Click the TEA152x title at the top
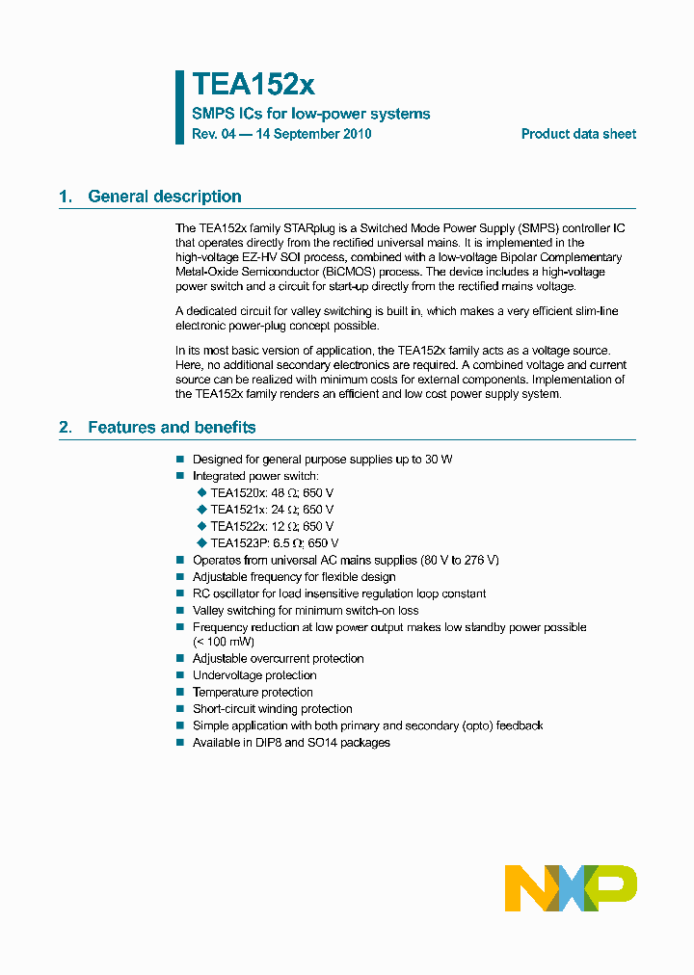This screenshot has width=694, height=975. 254,85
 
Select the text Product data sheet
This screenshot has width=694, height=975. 578,134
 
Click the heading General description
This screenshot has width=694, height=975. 164,197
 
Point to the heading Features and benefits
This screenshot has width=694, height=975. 172,427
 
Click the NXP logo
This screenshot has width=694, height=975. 571,887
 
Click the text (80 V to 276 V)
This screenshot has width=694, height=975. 460,560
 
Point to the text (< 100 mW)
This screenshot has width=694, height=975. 226,641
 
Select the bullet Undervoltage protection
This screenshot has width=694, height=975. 254,675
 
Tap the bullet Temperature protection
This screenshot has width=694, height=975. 253,692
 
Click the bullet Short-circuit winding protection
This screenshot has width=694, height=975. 273,709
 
